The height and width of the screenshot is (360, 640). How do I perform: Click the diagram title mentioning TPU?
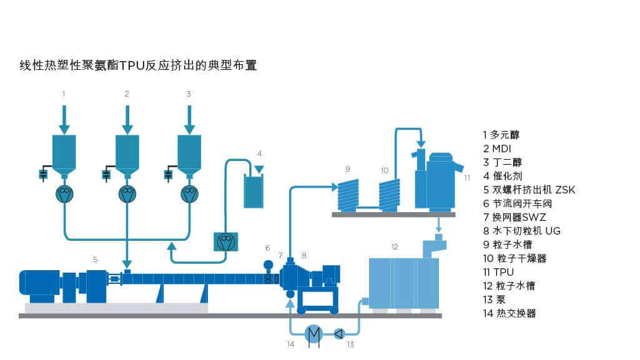(138, 65)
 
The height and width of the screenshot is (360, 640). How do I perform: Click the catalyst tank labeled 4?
(254, 191)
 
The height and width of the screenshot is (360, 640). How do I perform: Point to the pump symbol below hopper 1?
(64, 194)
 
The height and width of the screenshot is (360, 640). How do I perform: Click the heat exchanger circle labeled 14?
(313, 333)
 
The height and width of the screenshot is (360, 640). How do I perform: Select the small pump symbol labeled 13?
(339, 333)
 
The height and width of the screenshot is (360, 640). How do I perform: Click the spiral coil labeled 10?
(390, 195)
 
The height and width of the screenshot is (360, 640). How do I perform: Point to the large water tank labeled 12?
(402, 283)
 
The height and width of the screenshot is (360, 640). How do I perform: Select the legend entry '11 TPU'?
(498, 272)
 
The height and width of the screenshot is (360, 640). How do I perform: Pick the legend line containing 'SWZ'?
(514, 217)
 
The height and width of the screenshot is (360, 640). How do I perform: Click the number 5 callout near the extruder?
(95, 258)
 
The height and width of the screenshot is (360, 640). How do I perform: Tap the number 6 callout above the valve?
(268, 248)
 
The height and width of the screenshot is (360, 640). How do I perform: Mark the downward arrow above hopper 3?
(189, 119)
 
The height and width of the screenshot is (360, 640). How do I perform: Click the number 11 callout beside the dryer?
(466, 177)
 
